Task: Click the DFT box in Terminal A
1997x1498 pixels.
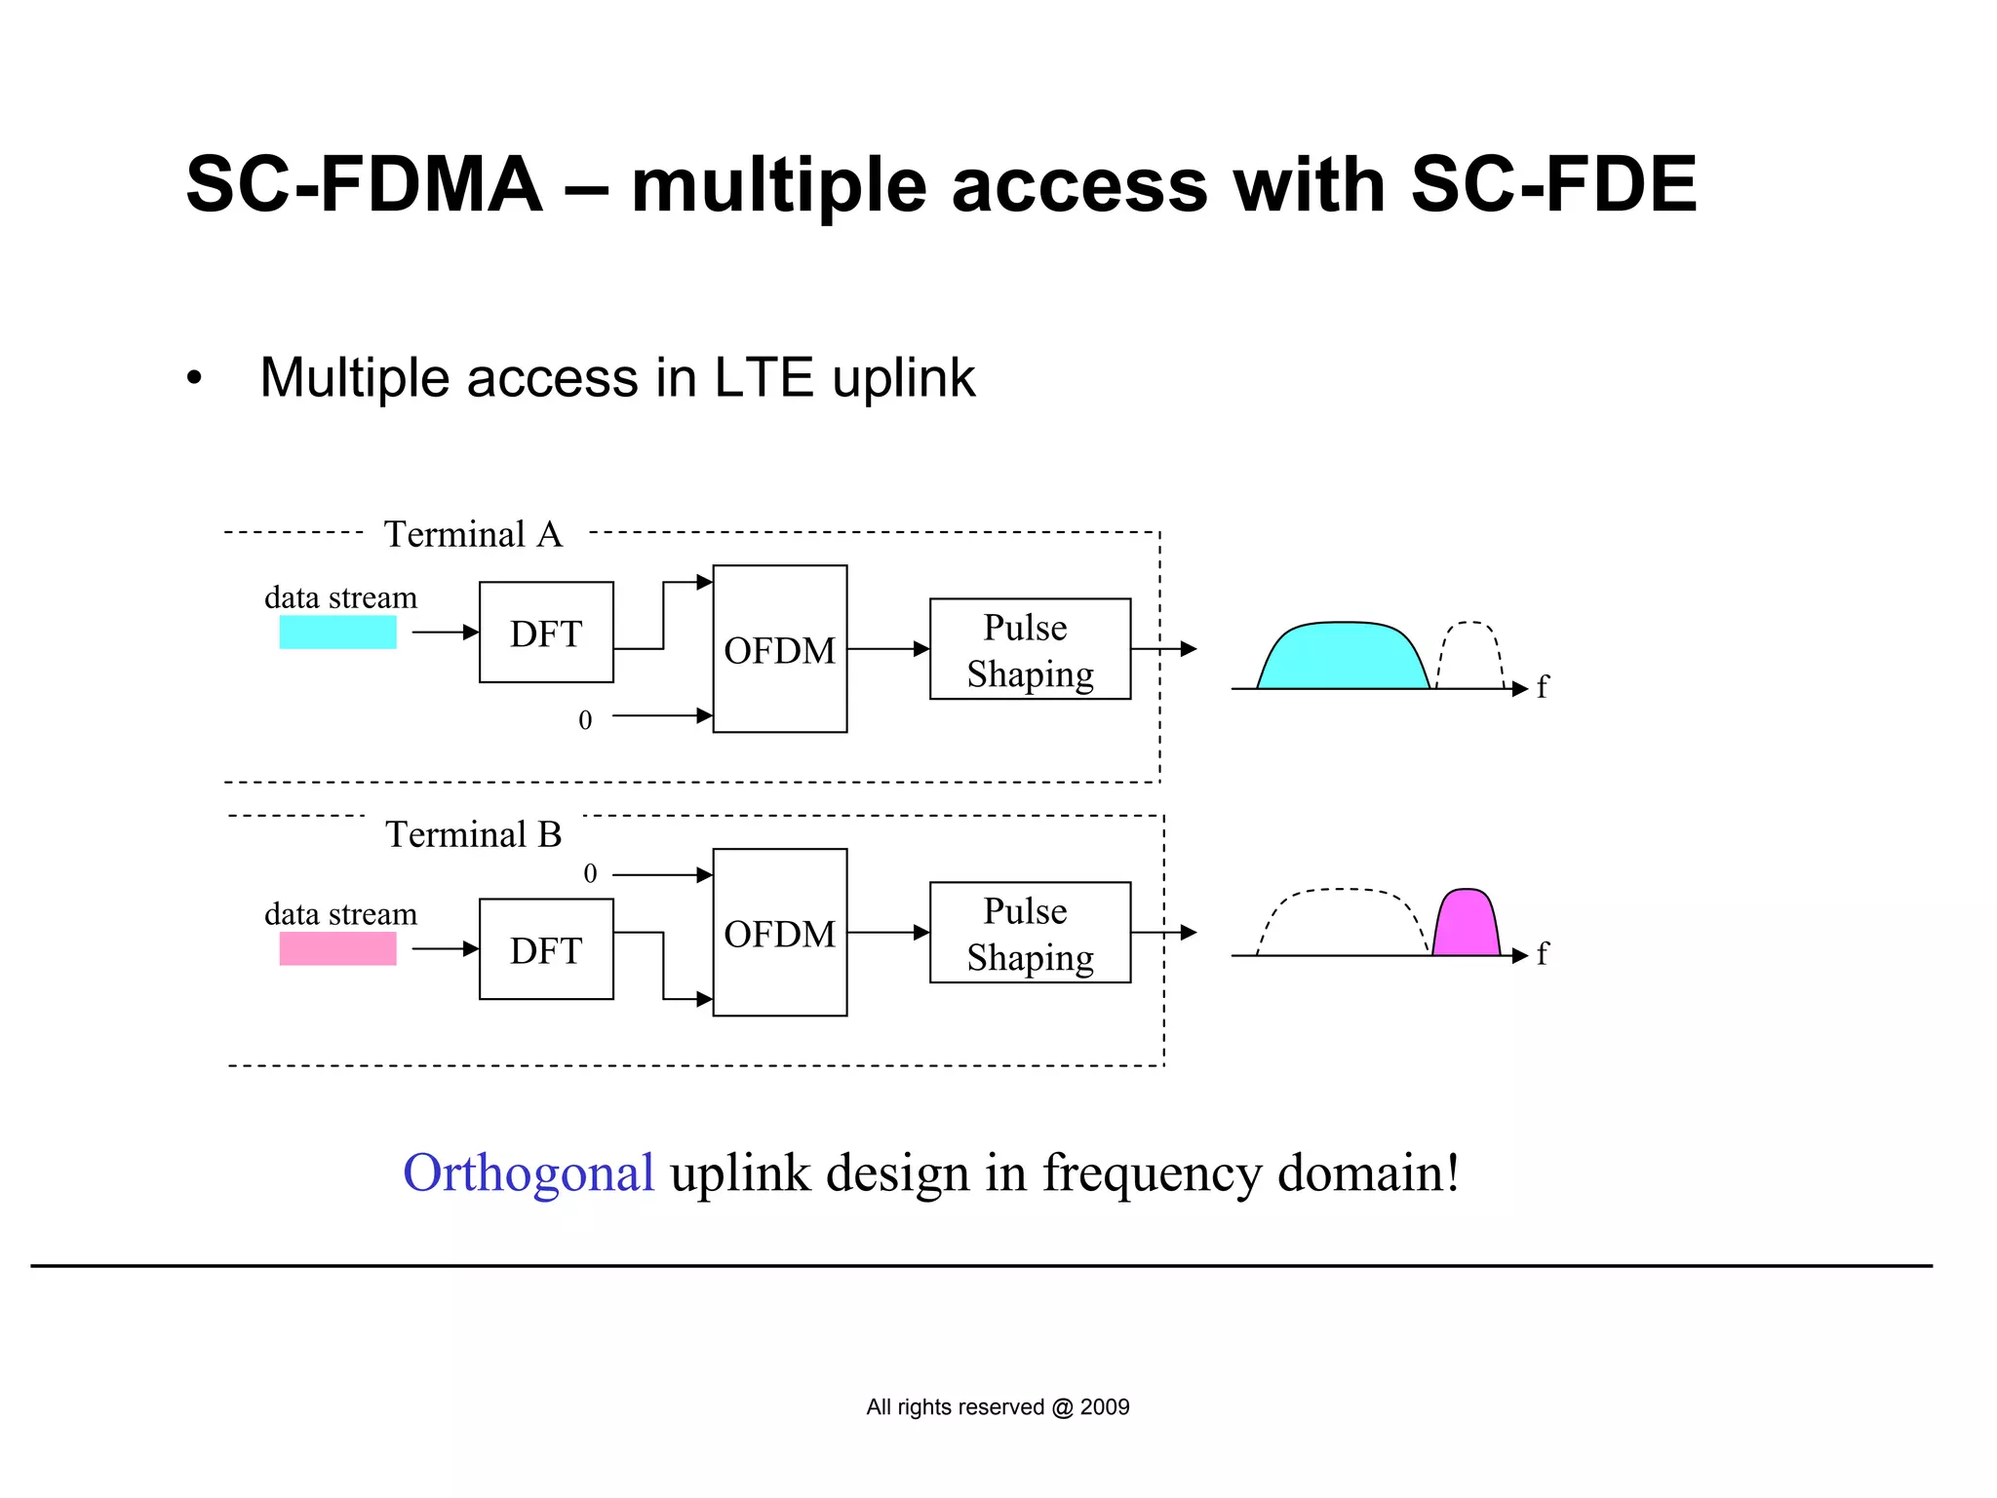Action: pyautogui.click(x=546, y=633)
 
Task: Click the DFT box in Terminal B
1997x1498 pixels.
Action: pyautogui.click(x=546, y=949)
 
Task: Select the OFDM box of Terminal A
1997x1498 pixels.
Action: pyautogui.click(x=779, y=649)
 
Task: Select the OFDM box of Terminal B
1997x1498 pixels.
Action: pyautogui.click(x=779, y=933)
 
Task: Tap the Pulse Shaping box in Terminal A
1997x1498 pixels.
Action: pyautogui.click(x=1030, y=649)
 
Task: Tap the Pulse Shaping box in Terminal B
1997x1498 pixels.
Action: pyautogui.click(x=1030, y=933)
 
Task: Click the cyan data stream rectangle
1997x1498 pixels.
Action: pyautogui.click(x=337, y=633)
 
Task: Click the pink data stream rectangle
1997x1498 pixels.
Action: pyautogui.click(x=337, y=948)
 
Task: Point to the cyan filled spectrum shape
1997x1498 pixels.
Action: pyautogui.click(x=1343, y=657)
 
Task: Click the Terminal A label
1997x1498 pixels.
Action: pyautogui.click(x=473, y=534)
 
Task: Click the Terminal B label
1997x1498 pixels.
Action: pyautogui.click(x=473, y=834)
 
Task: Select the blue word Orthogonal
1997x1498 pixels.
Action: pyautogui.click(x=528, y=1172)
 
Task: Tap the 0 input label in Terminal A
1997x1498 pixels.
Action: pyautogui.click(x=585, y=720)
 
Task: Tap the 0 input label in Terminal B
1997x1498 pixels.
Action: pyautogui.click(x=590, y=873)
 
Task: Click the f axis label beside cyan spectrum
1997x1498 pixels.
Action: pyautogui.click(x=1542, y=687)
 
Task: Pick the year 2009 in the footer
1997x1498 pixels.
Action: pyautogui.click(x=1105, y=1407)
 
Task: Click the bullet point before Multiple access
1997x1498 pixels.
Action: pyautogui.click(x=195, y=378)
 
